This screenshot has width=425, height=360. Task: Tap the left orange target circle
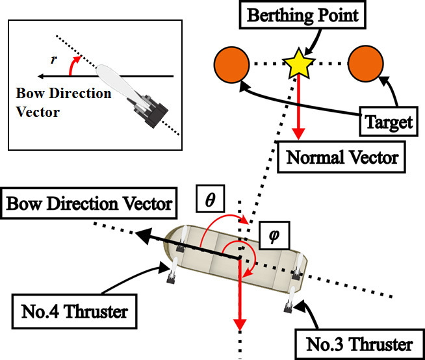231,63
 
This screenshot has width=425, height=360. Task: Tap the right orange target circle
363,63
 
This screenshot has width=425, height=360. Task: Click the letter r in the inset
53,60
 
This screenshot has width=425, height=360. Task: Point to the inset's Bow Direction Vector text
63,103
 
